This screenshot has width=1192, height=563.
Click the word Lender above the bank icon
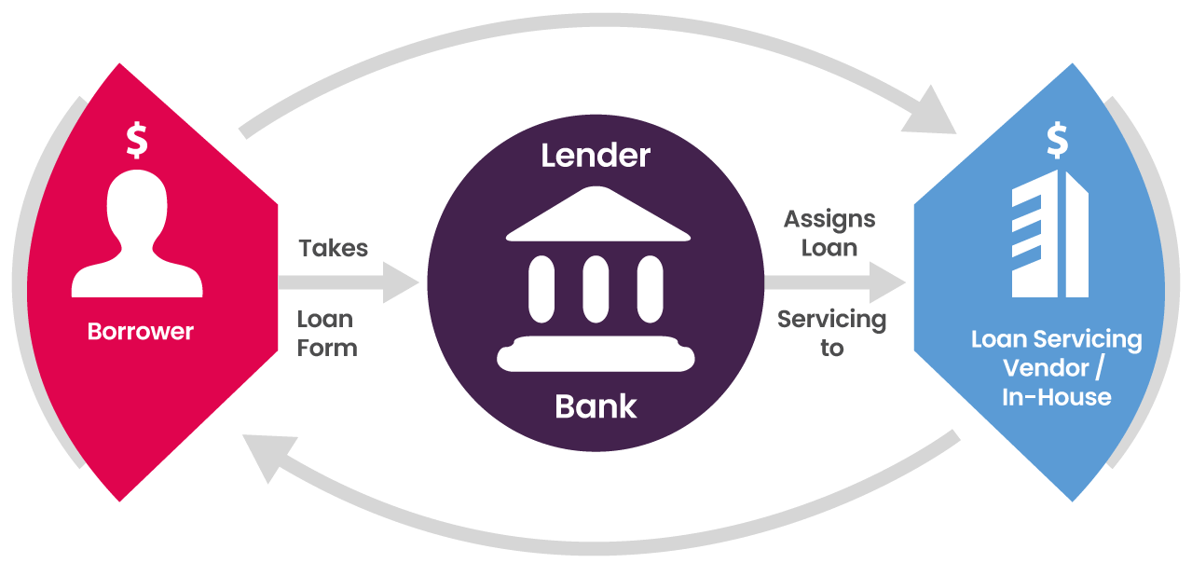(596, 155)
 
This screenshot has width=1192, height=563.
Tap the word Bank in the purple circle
(596, 406)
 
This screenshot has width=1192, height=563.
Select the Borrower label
(141, 331)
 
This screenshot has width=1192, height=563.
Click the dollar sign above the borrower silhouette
(137, 140)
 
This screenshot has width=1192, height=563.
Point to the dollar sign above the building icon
(1057, 140)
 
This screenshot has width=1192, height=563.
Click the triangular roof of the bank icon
(596, 216)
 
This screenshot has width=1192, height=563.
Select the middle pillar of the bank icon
(596, 289)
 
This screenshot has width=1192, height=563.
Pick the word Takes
(333, 248)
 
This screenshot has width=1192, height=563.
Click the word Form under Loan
(327, 349)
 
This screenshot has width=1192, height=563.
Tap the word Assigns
(829, 219)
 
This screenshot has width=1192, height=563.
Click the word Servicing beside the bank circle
(831, 320)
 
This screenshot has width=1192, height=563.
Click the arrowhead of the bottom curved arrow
(264, 457)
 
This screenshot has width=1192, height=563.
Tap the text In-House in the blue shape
(1056, 397)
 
